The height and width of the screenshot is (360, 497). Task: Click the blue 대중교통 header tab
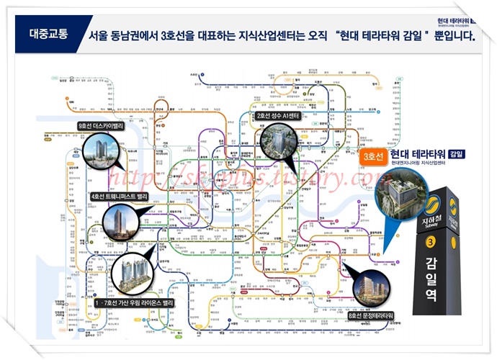pyautogui.click(x=50, y=33)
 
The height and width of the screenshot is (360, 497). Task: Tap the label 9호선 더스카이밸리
pyautogui.click(x=101, y=126)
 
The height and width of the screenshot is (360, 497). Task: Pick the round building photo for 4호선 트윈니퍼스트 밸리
pyautogui.click(x=118, y=222)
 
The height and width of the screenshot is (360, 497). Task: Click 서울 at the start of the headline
pyautogui.click(x=99, y=35)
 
